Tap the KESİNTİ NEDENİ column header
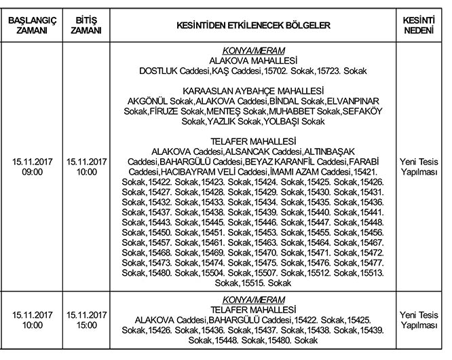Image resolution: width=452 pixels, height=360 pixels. point(419,25)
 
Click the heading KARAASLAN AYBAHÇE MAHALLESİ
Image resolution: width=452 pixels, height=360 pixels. point(253,90)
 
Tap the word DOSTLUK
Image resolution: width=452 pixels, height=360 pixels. point(157,70)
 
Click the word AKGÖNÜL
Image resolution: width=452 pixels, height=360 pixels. point(147,101)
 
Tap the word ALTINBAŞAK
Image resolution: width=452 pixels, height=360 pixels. point(325,151)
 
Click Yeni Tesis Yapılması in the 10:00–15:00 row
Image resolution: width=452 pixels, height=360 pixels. point(419,321)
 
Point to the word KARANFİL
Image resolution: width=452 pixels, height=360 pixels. point(294,162)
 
